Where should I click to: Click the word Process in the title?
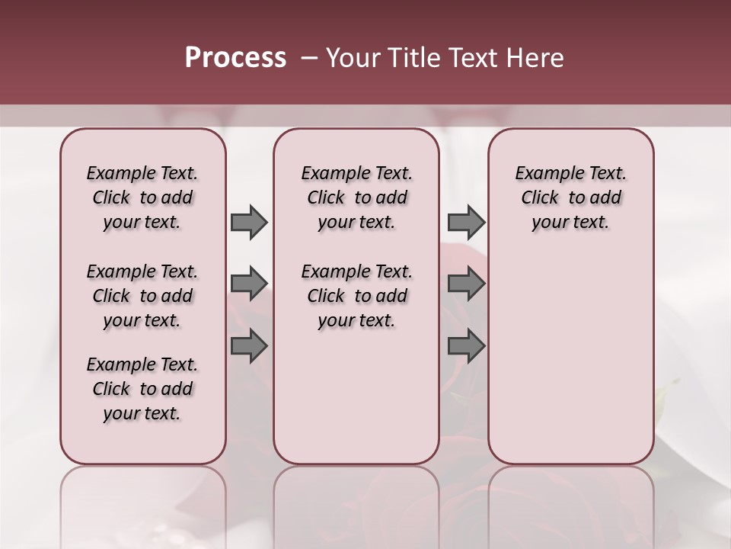[235, 58]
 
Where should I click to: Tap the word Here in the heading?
[535, 58]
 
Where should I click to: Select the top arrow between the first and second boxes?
[249, 222]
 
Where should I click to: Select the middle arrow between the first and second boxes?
[249, 284]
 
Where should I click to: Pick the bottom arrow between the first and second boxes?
[249, 346]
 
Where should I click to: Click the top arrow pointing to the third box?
[466, 222]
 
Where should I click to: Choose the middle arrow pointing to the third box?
[466, 284]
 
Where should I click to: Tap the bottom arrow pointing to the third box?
[466, 346]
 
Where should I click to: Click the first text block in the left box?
[142, 197]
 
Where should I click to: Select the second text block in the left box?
[142, 296]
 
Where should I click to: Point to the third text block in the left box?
[142, 389]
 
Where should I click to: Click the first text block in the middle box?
[356, 197]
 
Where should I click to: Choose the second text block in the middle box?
[356, 296]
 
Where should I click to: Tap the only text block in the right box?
[570, 197]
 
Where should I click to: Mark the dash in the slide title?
[309, 58]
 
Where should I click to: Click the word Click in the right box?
[540, 198]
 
